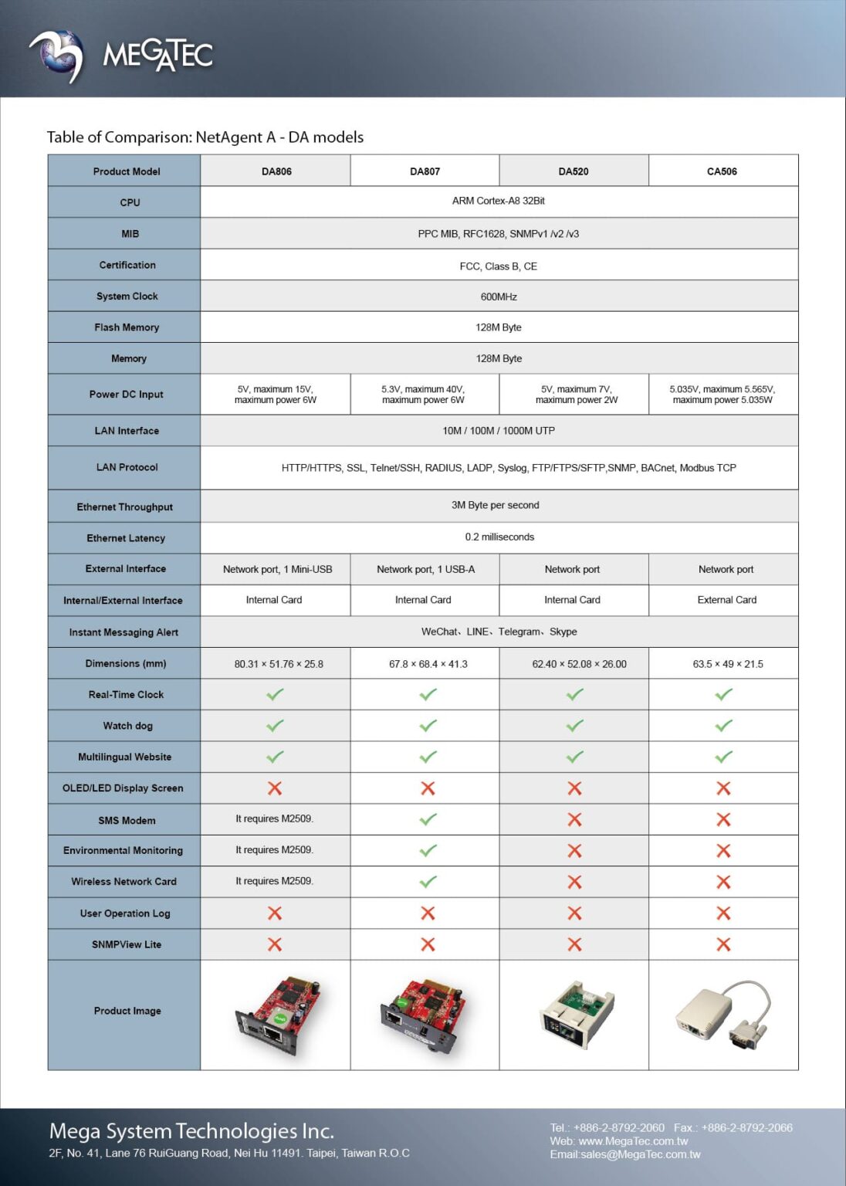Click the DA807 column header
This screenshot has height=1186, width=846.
(x=425, y=171)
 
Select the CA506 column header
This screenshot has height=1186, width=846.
(x=722, y=171)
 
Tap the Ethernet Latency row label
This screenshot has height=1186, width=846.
(x=126, y=538)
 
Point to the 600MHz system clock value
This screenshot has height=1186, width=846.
(x=499, y=296)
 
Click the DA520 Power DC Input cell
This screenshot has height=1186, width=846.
(x=576, y=395)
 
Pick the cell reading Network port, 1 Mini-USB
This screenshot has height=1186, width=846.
(x=277, y=569)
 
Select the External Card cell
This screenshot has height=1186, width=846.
(x=726, y=600)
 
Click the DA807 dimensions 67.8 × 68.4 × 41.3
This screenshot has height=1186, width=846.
(x=428, y=664)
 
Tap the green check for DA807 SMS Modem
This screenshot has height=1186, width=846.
(x=428, y=819)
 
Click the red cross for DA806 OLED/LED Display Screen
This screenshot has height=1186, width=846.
(x=274, y=788)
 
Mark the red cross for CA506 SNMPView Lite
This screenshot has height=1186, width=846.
(x=723, y=944)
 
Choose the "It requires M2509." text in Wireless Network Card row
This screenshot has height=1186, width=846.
(x=274, y=881)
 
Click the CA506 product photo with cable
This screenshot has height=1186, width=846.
(x=722, y=1013)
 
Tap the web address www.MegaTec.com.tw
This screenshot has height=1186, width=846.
(x=633, y=1141)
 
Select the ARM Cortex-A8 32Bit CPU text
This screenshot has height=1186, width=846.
(x=499, y=201)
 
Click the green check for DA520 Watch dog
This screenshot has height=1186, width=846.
(x=574, y=726)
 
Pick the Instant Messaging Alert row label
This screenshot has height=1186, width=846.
(x=124, y=632)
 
